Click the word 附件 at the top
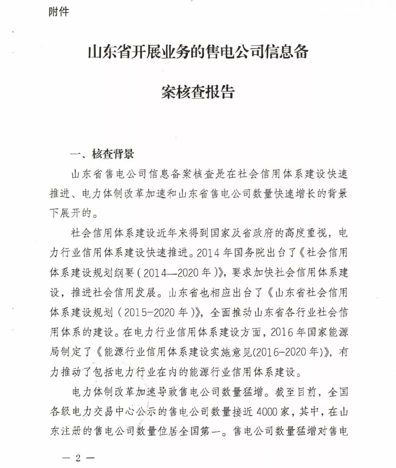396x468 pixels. [59, 12]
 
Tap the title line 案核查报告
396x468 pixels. [198, 92]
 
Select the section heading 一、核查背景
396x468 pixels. [102, 154]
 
